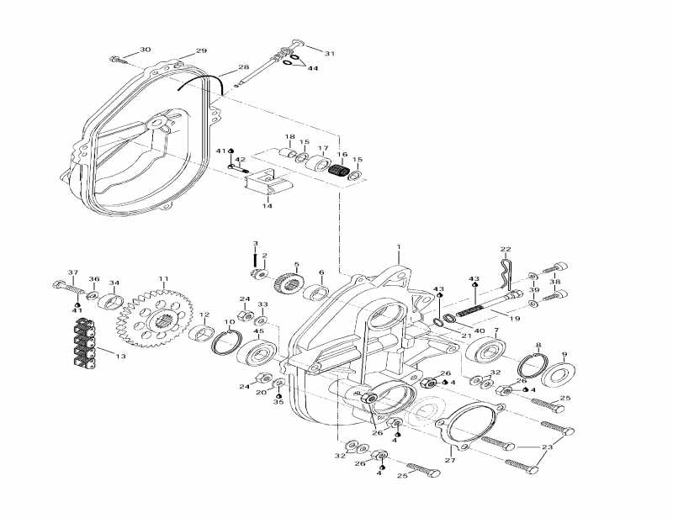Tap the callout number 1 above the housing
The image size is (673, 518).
coord(399,248)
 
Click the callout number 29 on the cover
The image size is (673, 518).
coord(201,51)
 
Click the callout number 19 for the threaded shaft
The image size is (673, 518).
coord(515,319)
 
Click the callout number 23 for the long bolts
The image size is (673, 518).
coord(548,448)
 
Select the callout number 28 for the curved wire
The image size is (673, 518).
coord(243,67)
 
